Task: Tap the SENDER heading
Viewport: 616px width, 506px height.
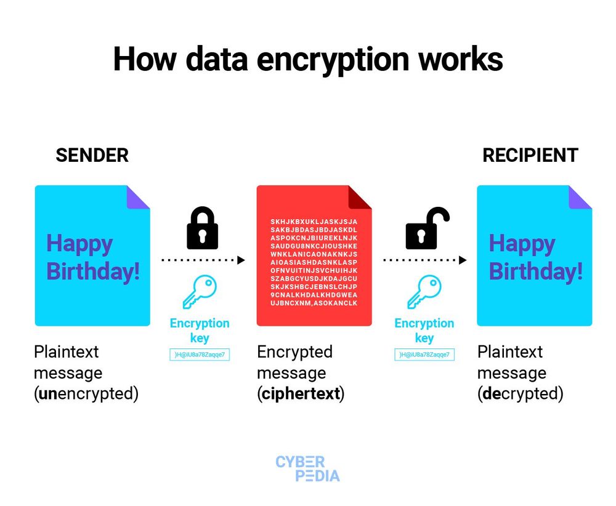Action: point(92,155)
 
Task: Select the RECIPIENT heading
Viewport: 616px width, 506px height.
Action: point(530,155)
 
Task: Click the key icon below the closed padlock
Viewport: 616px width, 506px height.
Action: point(200,292)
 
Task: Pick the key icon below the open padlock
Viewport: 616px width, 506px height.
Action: point(424,292)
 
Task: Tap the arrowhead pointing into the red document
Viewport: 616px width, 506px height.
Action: point(241,260)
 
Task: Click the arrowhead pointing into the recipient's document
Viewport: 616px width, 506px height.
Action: point(463,260)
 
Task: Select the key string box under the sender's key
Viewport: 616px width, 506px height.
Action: point(200,355)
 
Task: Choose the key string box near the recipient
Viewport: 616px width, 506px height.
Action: point(424,355)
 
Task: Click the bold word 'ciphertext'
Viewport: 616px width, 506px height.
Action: point(301,393)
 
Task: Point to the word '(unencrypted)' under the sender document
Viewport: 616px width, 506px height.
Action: point(86,393)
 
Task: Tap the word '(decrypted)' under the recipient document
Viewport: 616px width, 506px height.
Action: point(521,393)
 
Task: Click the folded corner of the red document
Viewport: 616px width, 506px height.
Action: point(361,197)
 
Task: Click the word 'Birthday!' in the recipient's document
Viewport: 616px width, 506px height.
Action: point(535,271)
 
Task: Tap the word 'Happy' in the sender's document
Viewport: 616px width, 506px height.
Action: point(79,244)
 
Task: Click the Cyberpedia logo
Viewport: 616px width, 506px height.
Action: point(308,468)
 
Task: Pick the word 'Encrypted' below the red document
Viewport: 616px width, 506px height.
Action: point(294,352)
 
